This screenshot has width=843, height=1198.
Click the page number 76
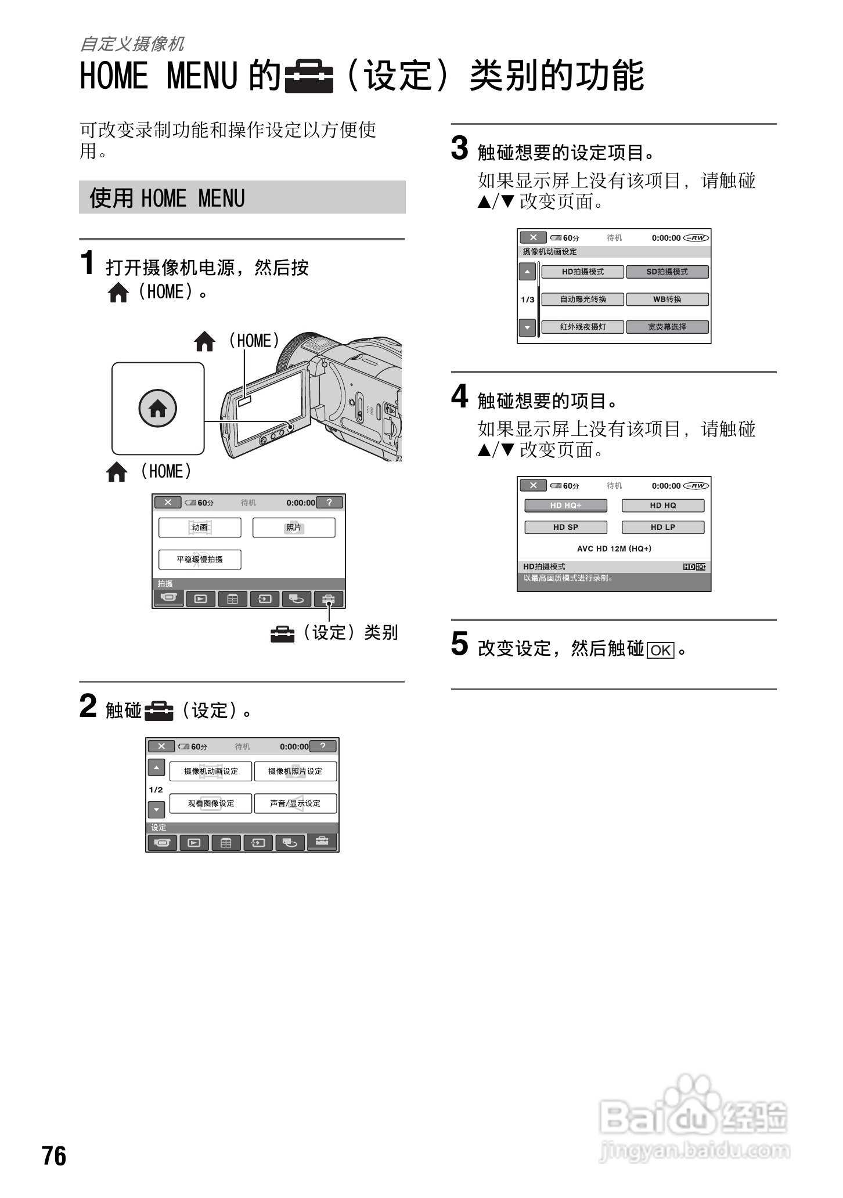[54, 1156]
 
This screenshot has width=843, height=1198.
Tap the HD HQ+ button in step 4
[565, 506]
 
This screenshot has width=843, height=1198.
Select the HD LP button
[662, 527]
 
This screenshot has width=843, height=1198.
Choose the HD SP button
[565, 527]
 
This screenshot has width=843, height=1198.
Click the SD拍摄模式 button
[667, 272]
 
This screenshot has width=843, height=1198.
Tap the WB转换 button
[667, 299]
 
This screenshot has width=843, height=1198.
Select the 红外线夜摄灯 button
[582, 327]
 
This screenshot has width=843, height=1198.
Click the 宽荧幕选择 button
[667, 327]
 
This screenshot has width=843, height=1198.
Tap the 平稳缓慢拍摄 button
[200, 560]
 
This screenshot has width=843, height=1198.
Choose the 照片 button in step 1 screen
[294, 528]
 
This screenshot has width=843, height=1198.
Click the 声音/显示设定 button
[295, 803]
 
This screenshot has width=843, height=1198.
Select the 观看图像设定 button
[211, 803]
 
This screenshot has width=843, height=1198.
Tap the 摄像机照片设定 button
[295, 771]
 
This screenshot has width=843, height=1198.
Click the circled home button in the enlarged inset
[157, 409]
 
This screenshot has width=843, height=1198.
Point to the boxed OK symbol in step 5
[660, 650]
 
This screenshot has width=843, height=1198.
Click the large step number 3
[459, 148]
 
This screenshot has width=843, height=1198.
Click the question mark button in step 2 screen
[323, 746]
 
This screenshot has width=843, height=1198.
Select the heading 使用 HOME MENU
[167, 198]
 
